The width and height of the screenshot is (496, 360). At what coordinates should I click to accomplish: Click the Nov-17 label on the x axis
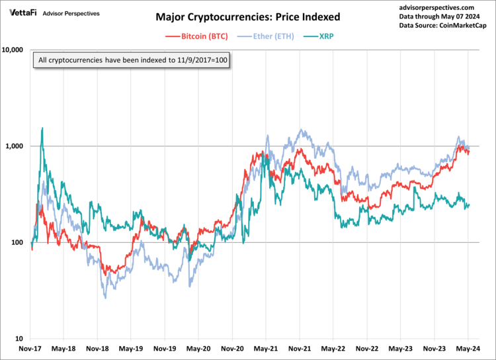(x=31, y=348)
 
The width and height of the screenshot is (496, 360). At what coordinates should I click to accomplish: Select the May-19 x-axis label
(x=131, y=348)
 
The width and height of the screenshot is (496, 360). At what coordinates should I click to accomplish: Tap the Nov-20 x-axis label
(x=233, y=348)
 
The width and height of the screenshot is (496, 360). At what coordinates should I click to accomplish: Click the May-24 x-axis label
(x=468, y=348)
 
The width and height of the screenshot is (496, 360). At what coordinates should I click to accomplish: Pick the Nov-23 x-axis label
(x=434, y=348)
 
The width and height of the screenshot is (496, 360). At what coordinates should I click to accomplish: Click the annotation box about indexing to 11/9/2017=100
(x=134, y=61)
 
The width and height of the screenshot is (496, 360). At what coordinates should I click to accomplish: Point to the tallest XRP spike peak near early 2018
(x=42, y=128)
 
